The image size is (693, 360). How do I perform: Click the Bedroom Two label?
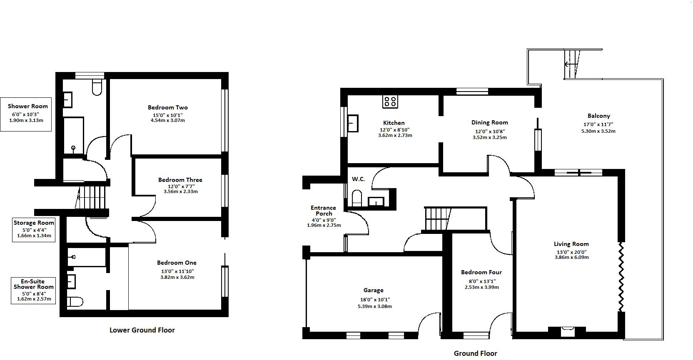coord(167,107)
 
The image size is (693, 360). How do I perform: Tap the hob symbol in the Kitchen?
coord(390,101)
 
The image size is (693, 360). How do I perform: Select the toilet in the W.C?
coord(357,198)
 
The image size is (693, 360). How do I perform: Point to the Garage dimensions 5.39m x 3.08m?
coord(374,306)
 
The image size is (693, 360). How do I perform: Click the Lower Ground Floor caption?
coord(142,330)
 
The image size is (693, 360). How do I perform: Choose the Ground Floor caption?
coord(475,353)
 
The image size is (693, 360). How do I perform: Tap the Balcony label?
coord(598,116)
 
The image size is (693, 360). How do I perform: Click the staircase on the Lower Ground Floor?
coord(92,197)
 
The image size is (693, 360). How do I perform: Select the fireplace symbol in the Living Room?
coord(568,331)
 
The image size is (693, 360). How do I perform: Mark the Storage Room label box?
coord(34,229)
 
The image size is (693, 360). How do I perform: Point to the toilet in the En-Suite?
coord(75,301)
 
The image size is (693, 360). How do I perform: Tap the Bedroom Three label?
coord(180,180)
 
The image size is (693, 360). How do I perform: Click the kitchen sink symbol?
coord(353,123)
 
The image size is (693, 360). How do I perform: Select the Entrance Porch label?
coord(323,211)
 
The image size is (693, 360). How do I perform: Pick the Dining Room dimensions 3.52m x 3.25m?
coord(489,137)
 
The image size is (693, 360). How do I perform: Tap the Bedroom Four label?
coord(481,272)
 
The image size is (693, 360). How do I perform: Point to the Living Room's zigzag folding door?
coord(621,277)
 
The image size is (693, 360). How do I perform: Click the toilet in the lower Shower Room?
coord(97,87)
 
